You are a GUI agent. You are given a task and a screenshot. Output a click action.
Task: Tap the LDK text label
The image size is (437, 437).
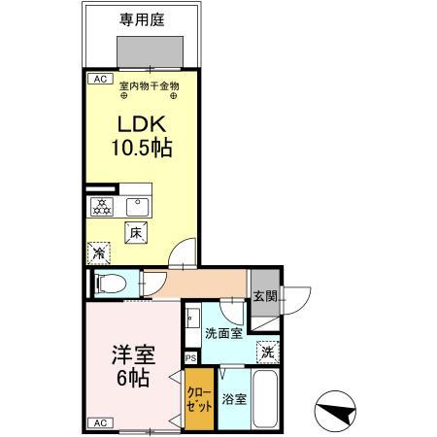pyautogui.click(x=141, y=125)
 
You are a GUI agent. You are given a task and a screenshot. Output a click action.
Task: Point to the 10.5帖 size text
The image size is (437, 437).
pyautogui.click(x=143, y=149)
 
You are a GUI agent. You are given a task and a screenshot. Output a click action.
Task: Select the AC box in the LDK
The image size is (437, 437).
pyautogui.click(x=98, y=79)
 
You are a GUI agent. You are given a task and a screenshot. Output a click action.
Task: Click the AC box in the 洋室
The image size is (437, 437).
pyautogui.click(x=98, y=421)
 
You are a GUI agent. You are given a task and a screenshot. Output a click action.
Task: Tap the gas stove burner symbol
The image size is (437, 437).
pyautogui.click(x=100, y=205)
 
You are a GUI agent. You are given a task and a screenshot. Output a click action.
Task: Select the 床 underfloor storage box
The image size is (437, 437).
pyautogui.click(x=136, y=232)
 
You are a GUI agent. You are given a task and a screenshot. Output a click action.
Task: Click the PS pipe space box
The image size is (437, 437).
pyautogui.click(x=190, y=356)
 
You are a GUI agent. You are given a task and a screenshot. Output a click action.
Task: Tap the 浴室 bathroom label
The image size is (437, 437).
pyautogui.click(x=233, y=399)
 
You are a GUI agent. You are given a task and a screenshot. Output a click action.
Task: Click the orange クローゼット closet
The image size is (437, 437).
pyautogui.click(x=200, y=399)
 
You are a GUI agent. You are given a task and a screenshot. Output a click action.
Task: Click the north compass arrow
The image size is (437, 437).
pyautogui.click(x=335, y=414)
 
